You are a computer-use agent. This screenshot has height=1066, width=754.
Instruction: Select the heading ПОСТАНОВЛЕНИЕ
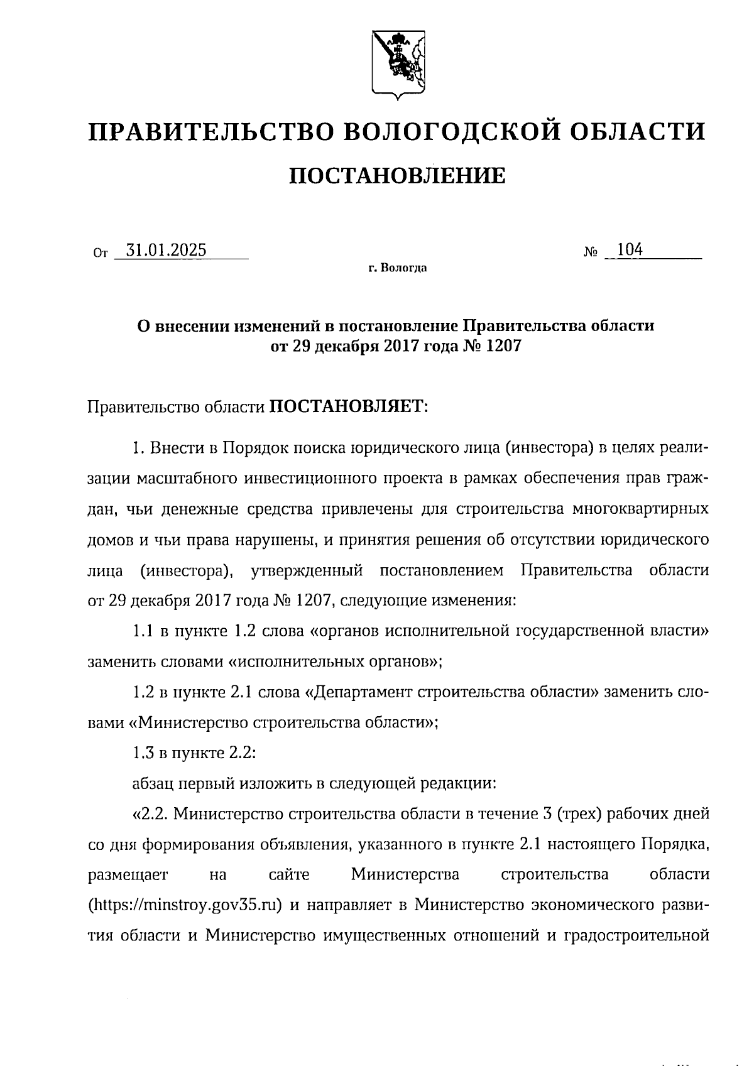tap(396, 176)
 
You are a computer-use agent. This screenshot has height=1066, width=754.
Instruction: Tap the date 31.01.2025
tap(166, 250)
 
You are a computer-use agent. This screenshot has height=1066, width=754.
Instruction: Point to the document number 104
tap(630, 249)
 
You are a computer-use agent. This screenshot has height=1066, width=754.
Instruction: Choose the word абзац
tap(155, 783)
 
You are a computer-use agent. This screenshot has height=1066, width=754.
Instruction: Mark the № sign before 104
tap(590, 252)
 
